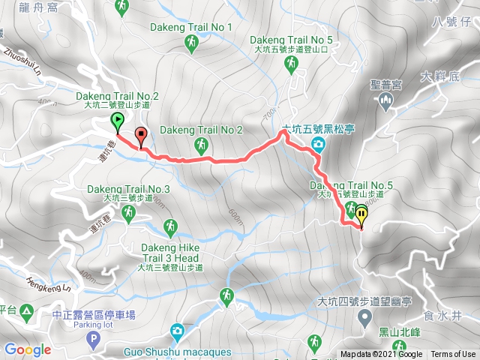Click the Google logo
click(x=27, y=349)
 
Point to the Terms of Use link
click(x=452, y=355)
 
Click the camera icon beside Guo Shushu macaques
click(x=176, y=331)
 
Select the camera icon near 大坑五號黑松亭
click(x=318, y=143)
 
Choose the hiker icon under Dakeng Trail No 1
click(x=192, y=46)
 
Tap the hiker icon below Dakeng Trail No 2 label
click(x=200, y=144)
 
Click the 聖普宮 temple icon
click(x=386, y=100)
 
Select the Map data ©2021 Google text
click(x=381, y=355)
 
